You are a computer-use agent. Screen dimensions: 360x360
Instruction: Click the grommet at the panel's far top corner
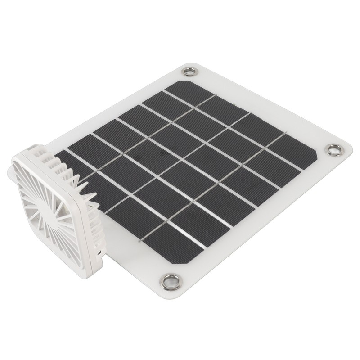pos(190,71)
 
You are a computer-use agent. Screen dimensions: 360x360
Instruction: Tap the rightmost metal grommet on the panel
pos(334,150)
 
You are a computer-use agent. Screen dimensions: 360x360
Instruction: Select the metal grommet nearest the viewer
pos(171,282)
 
